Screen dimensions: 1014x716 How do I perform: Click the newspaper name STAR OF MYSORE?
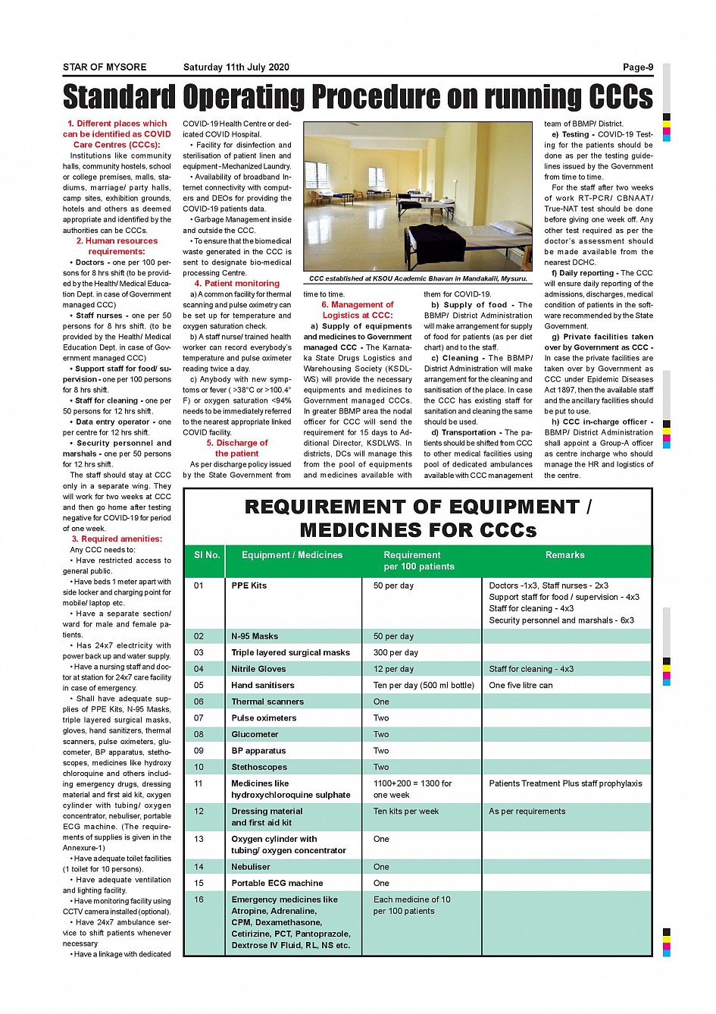click(x=105, y=67)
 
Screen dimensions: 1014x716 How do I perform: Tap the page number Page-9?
click(x=637, y=67)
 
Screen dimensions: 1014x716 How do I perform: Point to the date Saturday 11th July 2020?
click(x=236, y=67)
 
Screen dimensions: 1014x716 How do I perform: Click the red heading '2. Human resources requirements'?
click(x=117, y=246)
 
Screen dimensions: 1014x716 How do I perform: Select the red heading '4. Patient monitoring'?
click(x=237, y=284)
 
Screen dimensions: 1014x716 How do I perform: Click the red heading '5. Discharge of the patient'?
click(x=237, y=448)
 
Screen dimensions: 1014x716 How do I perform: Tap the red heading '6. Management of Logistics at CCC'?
click(x=358, y=310)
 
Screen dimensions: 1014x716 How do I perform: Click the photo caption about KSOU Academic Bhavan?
click(x=417, y=279)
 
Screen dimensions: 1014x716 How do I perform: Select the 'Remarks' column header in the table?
click(x=564, y=555)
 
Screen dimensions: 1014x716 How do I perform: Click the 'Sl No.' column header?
click(x=206, y=555)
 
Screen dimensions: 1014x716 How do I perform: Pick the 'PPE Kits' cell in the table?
click(x=249, y=585)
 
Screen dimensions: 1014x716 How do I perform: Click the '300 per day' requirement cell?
click(x=396, y=653)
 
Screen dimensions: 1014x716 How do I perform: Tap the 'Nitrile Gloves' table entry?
click(x=258, y=670)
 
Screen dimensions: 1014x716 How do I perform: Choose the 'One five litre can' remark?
click(x=521, y=686)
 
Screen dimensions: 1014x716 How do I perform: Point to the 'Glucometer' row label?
click(x=255, y=735)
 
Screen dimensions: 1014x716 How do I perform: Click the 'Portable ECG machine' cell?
click(x=277, y=884)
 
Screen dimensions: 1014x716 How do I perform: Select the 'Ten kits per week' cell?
click(x=406, y=812)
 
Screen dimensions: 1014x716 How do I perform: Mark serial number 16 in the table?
click(x=199, y=899)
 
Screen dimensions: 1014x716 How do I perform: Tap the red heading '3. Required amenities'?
click(x=117, y=539)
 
